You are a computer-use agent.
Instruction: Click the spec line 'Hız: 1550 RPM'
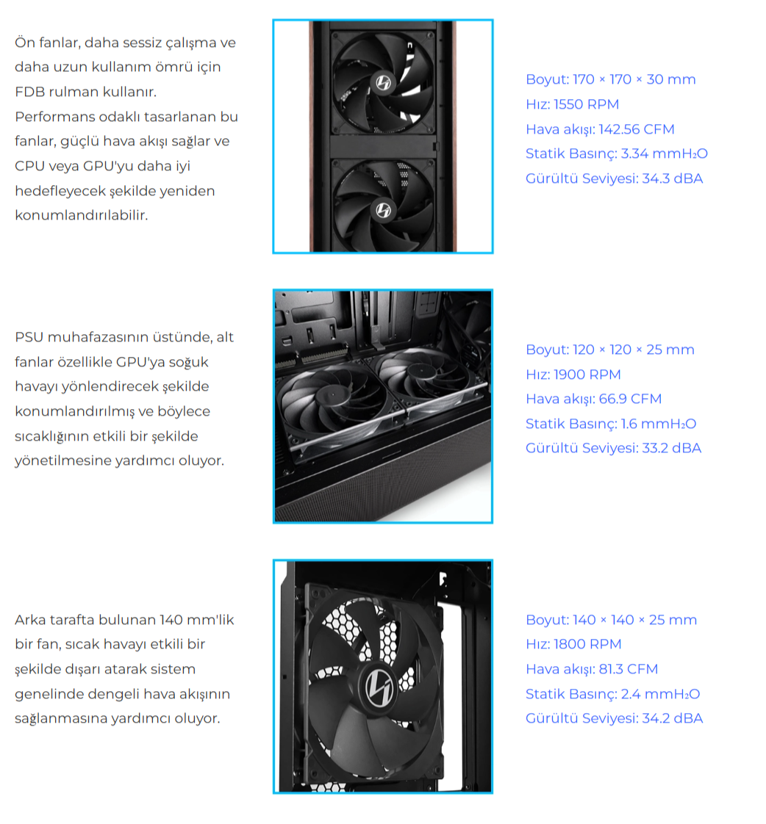(x=573, y=104)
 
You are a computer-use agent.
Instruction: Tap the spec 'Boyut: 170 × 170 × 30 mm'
(x=611, y=79)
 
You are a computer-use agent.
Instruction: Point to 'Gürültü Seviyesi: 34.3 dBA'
(x=615, y=178)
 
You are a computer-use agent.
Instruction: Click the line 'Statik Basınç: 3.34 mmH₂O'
(x=617, y=153)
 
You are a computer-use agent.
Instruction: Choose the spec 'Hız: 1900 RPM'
(x=573, y=374)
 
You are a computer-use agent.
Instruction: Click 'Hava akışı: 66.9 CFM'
(x=593, y=399)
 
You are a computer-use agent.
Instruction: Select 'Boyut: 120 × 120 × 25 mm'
(x=610, y=350)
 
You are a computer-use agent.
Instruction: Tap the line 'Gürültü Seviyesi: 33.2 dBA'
(x=613, y=448)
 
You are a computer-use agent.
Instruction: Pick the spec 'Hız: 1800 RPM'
(x=573, y=644)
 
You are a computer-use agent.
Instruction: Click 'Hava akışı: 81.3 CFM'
(x=592, y=669)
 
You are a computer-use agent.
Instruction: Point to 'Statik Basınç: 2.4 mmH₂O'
(x=613, y=694)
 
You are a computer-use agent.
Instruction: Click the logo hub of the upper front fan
(x=384, y=82)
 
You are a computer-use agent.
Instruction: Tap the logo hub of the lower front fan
(x=384, y=210)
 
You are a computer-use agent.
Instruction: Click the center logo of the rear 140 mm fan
(x=379, y=687)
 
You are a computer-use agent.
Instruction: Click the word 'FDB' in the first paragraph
(x=29, y=92)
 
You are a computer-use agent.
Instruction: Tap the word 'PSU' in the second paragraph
(x=29, y=337)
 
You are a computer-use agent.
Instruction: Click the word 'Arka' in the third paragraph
(x=30, y=620)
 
